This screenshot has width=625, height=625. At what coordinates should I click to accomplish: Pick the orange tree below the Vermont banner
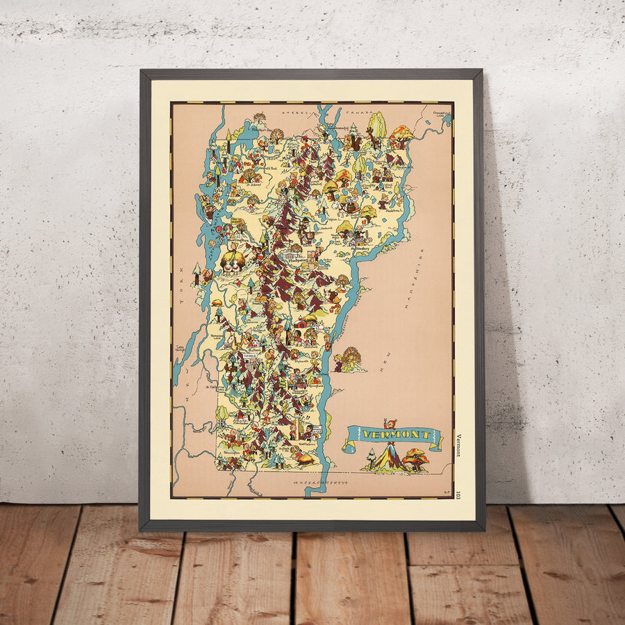(415, 458)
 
